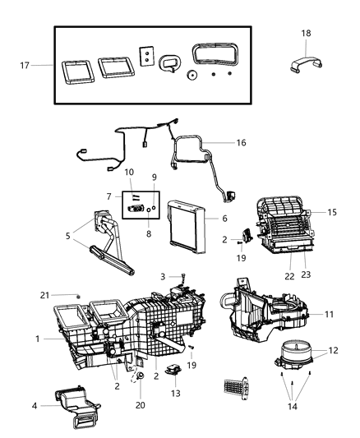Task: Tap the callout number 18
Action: (x=306, y=33)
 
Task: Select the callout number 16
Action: (x=241, y=142)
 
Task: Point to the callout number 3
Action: (x=163, y=277)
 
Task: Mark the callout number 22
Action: (x=288, y=276)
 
